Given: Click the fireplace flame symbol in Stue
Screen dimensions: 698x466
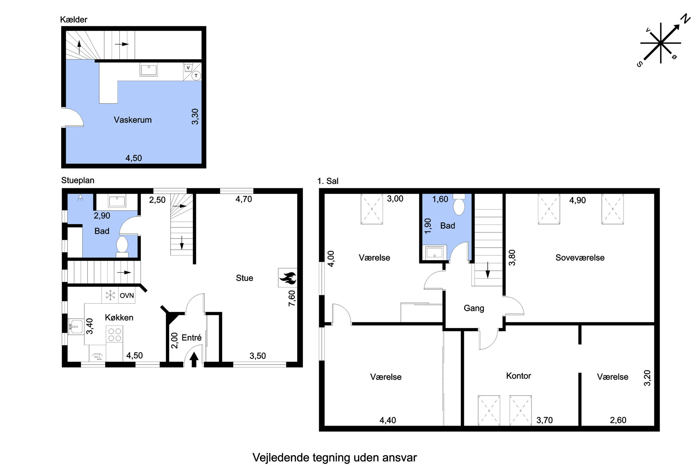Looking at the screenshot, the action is (x=288, y=278).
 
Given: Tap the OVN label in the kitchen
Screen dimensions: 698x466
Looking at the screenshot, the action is (x=127, y=296).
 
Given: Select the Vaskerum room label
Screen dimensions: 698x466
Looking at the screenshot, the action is (x=133, y=120).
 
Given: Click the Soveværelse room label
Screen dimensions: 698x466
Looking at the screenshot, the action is (x=580, y=257).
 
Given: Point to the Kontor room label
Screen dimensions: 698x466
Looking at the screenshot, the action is (x=519, y=376).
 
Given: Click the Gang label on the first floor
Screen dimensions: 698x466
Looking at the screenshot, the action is (x=474, y=308).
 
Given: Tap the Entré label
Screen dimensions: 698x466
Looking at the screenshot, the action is (x=191, y=338).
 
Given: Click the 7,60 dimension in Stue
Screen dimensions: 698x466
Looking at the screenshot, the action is (x=292, y=298).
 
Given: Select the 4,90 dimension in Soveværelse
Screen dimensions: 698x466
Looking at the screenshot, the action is (x=578, y=200).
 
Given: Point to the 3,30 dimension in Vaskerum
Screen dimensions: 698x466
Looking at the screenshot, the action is (x=195, y=117).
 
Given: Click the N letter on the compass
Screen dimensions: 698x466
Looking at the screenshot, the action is (x=685, y=19).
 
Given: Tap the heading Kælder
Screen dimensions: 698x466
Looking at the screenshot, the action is (x=74, y=20).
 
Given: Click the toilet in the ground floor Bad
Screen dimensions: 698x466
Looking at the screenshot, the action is (x=122, y=244).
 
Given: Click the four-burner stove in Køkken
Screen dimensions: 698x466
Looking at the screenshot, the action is (x=115, y=335).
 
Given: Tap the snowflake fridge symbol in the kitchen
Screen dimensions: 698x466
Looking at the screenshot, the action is (x=110, y=295).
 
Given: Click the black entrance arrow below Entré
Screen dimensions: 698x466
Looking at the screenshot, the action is (x=194, y=360).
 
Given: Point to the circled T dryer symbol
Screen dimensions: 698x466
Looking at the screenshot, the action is (x=196, y=76).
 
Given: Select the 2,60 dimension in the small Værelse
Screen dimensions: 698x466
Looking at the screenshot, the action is (x=618, y=420).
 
